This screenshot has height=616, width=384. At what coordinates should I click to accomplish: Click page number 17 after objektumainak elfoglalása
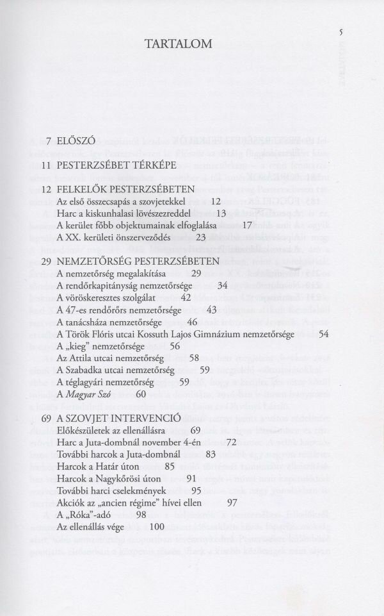click(248, 225)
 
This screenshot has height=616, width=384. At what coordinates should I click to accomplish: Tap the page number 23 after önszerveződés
click(200, 237)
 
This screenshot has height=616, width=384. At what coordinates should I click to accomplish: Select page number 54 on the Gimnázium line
click(323, 334)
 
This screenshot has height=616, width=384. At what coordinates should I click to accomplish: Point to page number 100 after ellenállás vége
click(156, 526)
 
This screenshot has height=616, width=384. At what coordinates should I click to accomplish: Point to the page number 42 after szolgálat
click(186, 297)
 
